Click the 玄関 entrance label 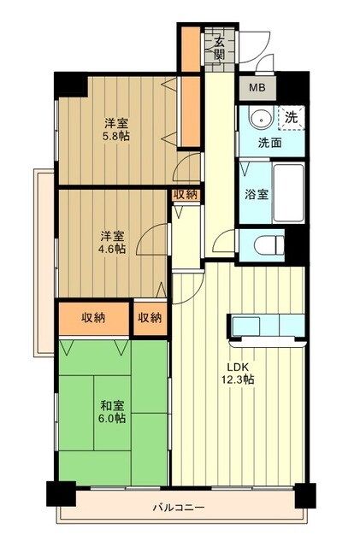[219, 50]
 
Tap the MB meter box [257, 86]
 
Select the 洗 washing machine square [291, 116]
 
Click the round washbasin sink [257, 119]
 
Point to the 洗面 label [271, 143]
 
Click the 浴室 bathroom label [257, 194]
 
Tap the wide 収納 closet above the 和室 [94, 318]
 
